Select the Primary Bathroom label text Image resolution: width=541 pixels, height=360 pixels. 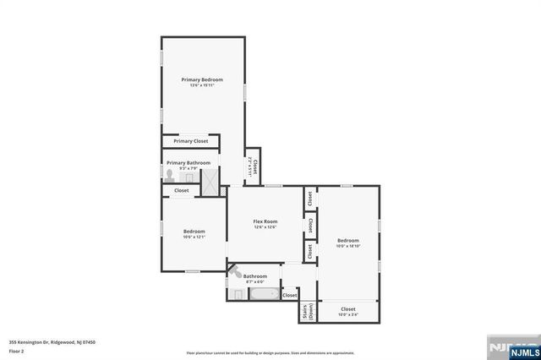click(188, 162)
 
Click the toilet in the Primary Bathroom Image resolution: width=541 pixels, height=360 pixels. click(170, 176)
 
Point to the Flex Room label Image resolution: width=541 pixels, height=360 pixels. click(265, 221)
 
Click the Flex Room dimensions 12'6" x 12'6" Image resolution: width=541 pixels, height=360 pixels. click(265, 227)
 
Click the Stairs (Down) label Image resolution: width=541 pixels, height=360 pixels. click(305, 311)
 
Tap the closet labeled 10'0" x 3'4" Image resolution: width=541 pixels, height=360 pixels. click(348, 312)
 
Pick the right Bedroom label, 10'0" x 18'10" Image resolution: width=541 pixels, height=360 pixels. click(348, 243)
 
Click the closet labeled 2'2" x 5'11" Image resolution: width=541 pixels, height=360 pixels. click(252, 166)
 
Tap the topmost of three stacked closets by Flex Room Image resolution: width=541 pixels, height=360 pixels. click(310, 198)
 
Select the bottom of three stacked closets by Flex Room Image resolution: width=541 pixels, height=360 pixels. click(310, 250)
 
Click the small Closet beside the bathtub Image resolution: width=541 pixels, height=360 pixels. click(289, 295)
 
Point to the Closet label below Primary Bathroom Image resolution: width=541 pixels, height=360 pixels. click(182, 191)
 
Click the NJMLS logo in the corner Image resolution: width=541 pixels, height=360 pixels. click(512, 347)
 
